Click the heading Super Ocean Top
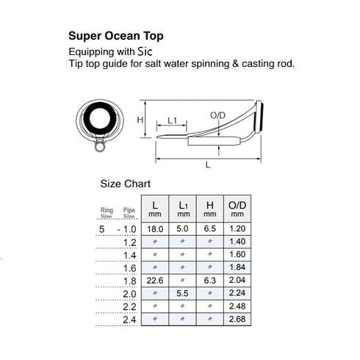[116, 35]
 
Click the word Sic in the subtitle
[145, 51]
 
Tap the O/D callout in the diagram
[218, 116]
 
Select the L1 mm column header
[182, 208]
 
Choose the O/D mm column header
[236, 208]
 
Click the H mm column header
[209, 208]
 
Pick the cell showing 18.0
[155, 228]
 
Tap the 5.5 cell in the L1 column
[182, 292]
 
